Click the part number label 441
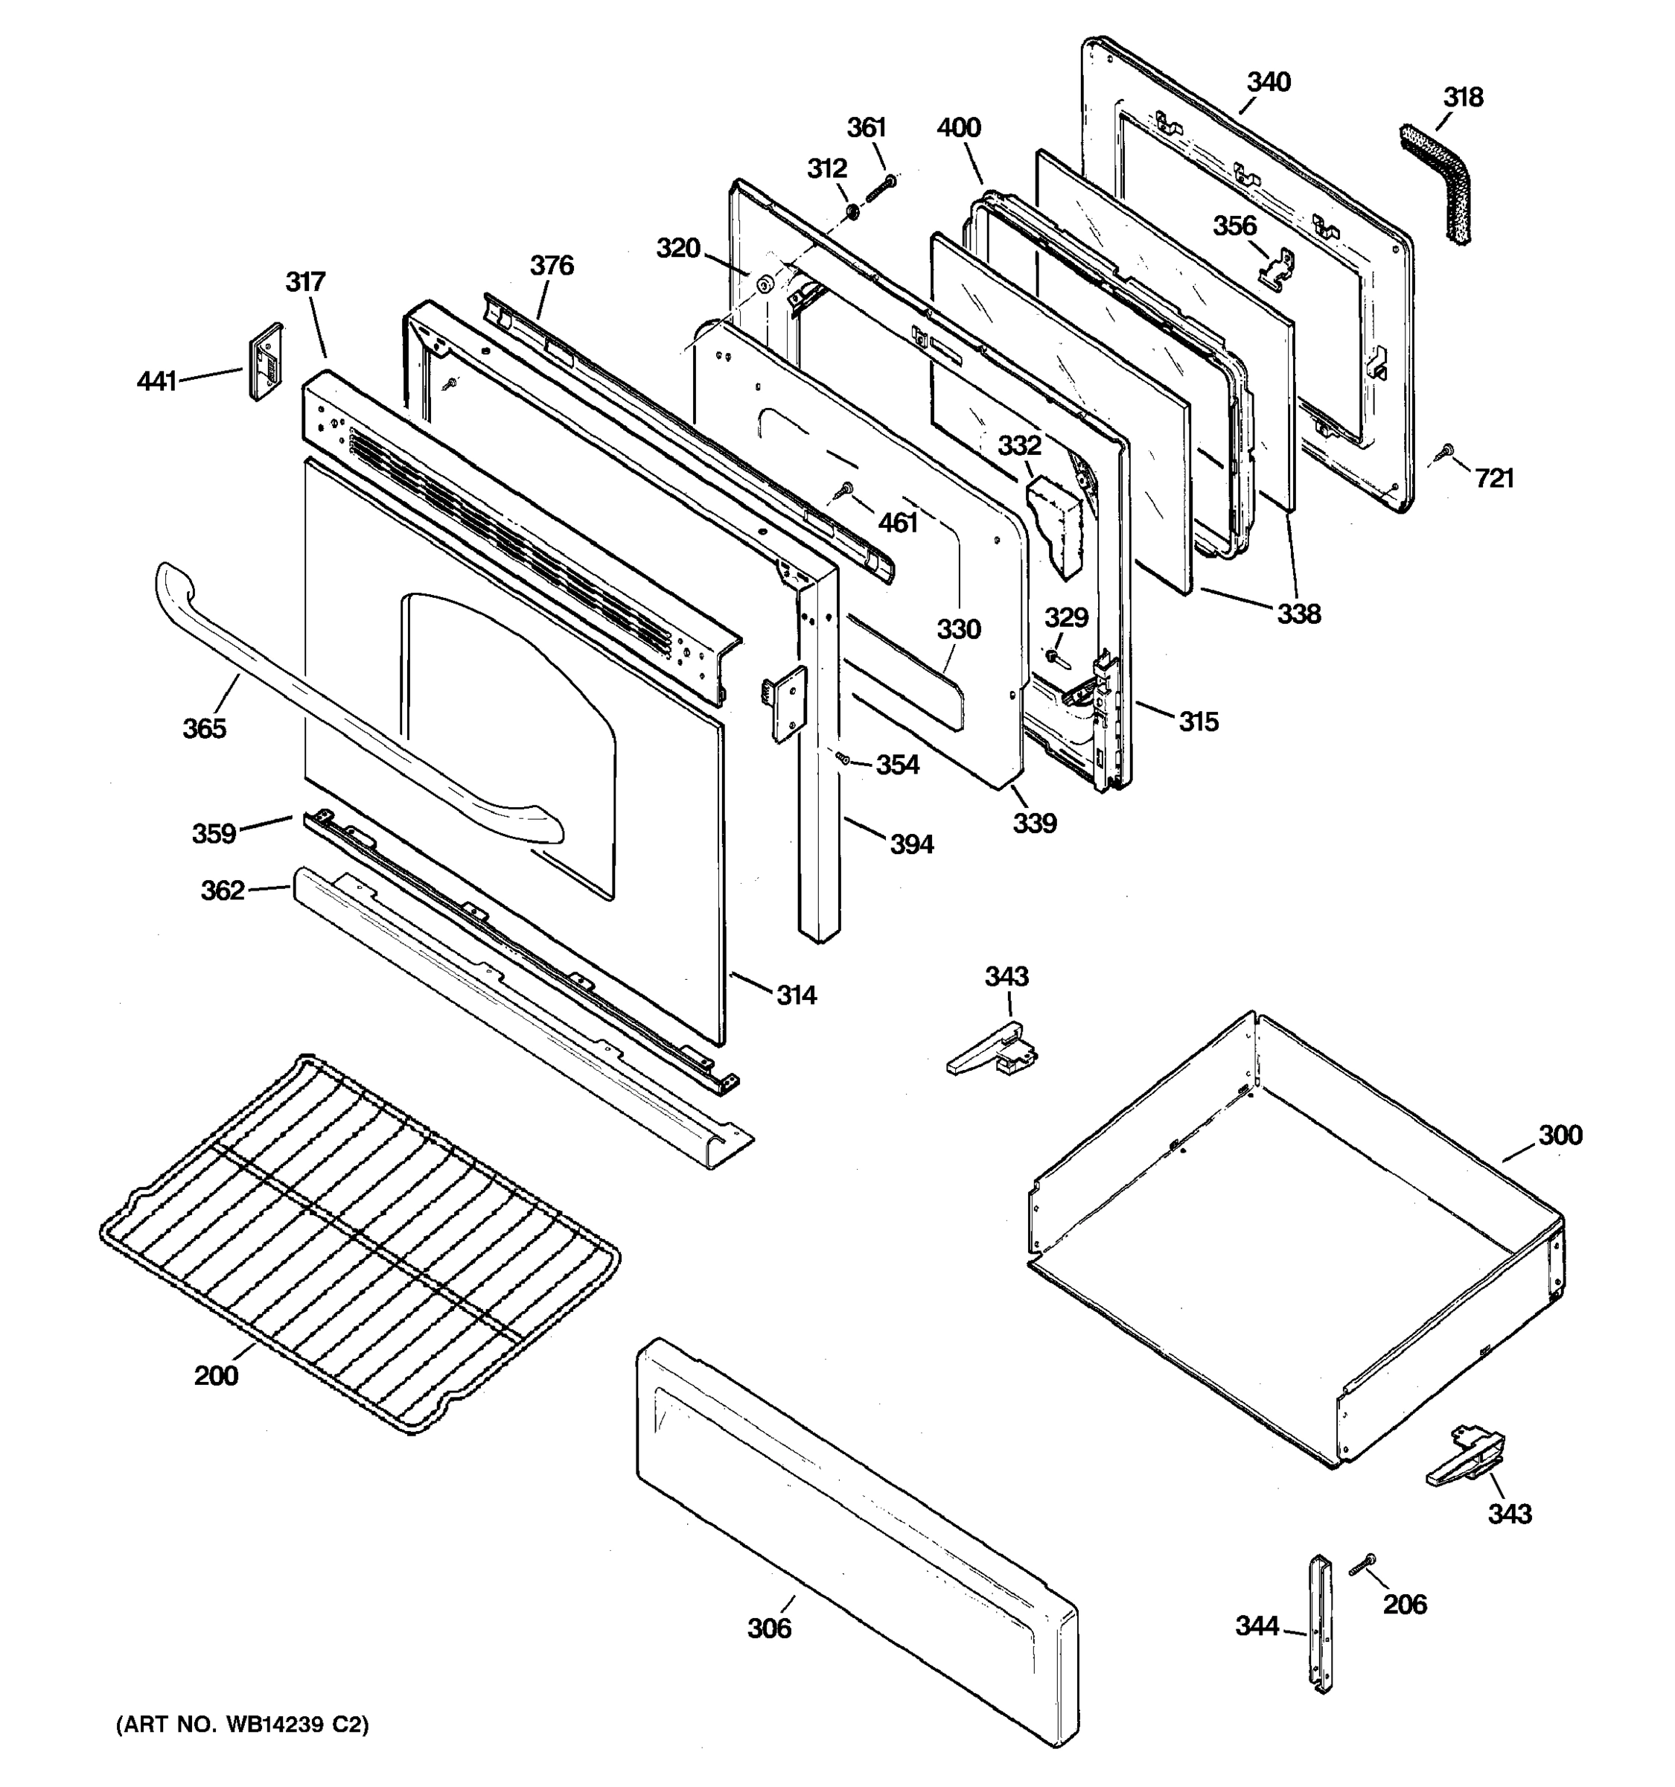point(156,382)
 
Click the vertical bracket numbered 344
point(1320,1623)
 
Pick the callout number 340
point(1269,82)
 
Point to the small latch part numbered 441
point(265,360)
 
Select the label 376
point(551,265)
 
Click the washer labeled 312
point(851,213)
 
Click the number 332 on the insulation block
point(1019,445)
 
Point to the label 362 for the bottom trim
point(222,890)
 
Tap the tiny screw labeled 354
point(843,759)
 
